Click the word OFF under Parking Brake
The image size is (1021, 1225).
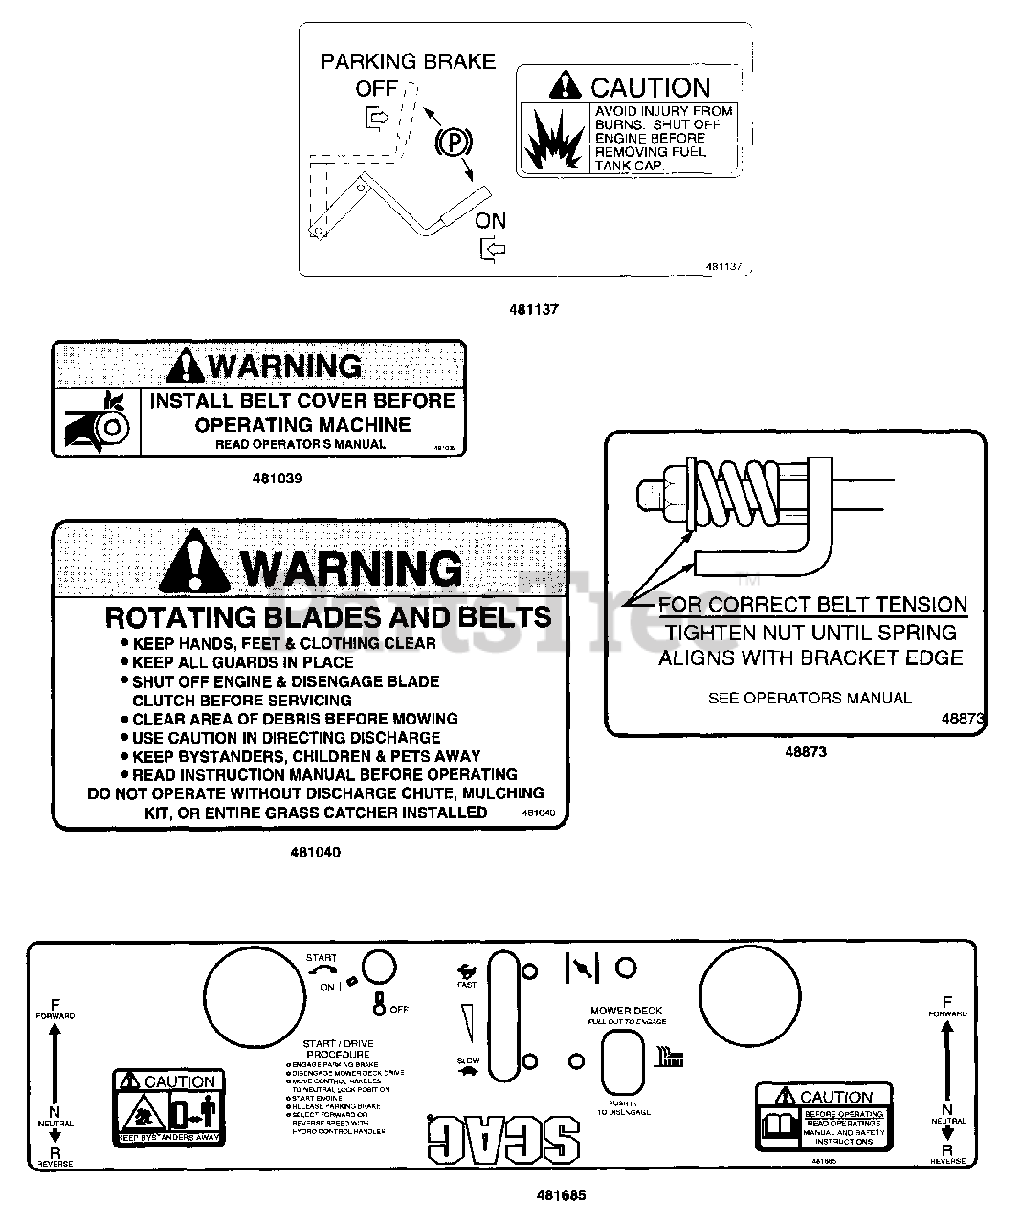pyautogui.click(x=376, y=89)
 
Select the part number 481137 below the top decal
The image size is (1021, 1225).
pyautogui.click(x=537, y=310)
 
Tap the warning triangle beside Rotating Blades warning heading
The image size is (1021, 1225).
pyautogui.click(x=195, y=565)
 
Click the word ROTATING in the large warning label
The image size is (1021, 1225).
pyautogui.click(x=180, y=616)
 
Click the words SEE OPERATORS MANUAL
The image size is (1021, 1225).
pyautogui.click(x=810, y=698)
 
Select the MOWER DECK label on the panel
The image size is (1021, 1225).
pyautogui.click(x=627, y=1011)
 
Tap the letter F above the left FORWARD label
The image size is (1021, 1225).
pyautogui.click(x=55, y=1003)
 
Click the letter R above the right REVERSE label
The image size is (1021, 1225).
pyautogui.click(x=947, y=1149)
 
